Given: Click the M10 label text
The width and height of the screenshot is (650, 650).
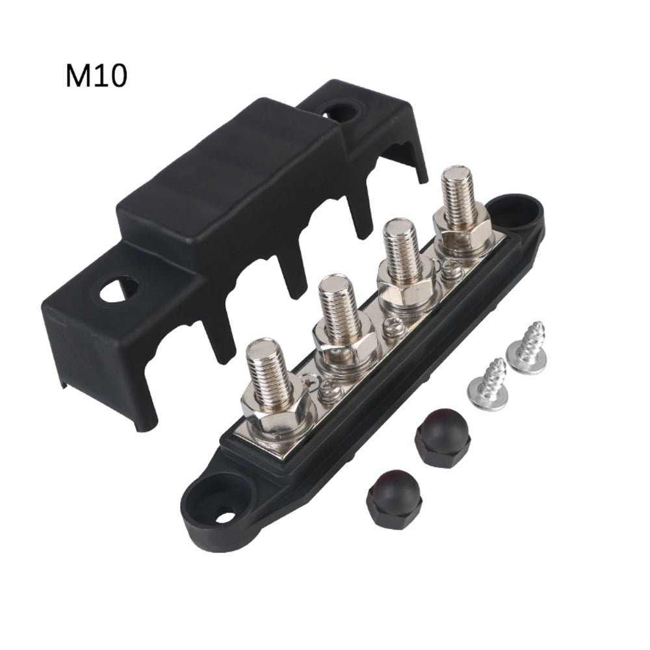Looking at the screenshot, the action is (x=96, y=76).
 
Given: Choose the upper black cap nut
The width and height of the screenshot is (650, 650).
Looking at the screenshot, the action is (x=443, y=437).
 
